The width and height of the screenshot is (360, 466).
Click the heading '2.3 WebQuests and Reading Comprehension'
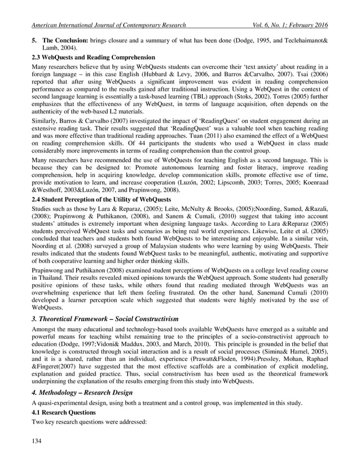[93, 58]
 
